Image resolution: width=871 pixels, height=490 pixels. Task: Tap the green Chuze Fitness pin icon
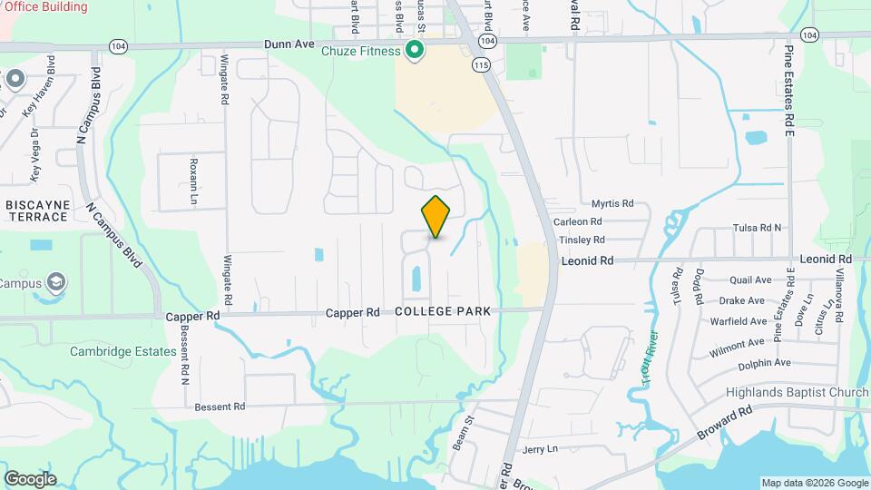(415, 50)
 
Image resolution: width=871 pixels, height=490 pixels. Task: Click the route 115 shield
(480, 65)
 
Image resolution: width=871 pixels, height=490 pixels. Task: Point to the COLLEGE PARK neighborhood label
(443, 311)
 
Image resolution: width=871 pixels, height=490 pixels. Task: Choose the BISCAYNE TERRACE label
(37, 211)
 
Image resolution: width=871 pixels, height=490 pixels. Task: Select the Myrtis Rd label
(612, 204)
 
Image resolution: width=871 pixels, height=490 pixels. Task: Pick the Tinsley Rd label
(582, 240)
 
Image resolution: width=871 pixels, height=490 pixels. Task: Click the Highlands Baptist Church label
(798, 392)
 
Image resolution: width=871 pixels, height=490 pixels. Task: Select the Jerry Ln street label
(540, 449)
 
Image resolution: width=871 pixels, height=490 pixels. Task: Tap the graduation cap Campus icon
(55, 281)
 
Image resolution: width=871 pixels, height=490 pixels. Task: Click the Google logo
(30, 478)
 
